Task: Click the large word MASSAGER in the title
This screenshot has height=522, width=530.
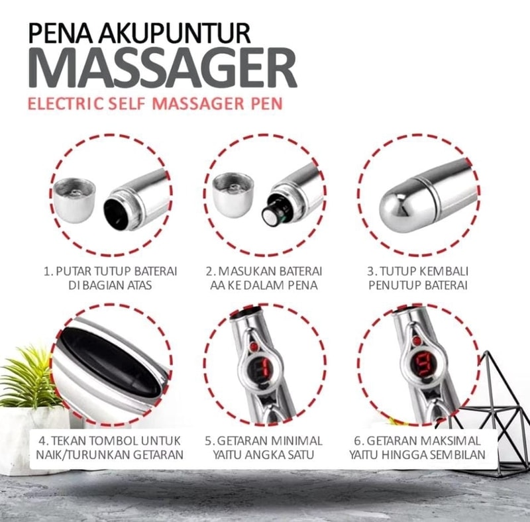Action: [162, 69]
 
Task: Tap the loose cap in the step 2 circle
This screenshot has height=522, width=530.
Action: [233, 195]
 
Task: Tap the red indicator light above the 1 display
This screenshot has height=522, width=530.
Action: [254, 346]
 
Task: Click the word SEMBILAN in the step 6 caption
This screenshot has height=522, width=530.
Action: [462, 454]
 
